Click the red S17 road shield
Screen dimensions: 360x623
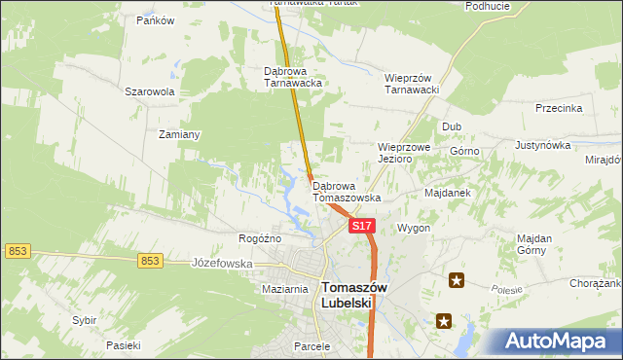click(x=361, y=226)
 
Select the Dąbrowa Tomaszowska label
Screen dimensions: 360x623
click(x=347, y=191)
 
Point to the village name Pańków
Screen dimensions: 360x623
click(x=155, y=20)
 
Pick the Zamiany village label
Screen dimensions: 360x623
click(x=179, y=134)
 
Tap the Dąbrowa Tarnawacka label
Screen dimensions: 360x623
click(x=293, y=77)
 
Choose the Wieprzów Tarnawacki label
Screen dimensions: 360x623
click(x=414, y=84)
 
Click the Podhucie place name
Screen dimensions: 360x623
click(x=488, y=6)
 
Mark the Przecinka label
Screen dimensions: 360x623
click(x=559, y=108)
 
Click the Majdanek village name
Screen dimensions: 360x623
click(x=448, y=193)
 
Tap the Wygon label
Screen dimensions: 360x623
click(x=414, y=228)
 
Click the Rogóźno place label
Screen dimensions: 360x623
click(x=260, y=238)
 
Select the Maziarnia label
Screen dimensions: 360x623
click(x=285, y=290)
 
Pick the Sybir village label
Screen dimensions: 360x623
click(x=85, y=319)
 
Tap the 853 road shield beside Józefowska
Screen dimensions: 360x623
click(x=149, y=260)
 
